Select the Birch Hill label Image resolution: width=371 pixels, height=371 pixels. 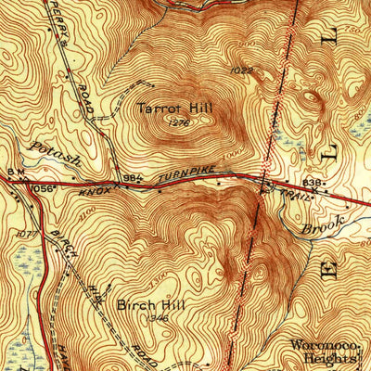(142, 303)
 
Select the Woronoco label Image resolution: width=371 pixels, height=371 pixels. (322, 344)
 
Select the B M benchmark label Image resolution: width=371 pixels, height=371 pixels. (14, 173)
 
